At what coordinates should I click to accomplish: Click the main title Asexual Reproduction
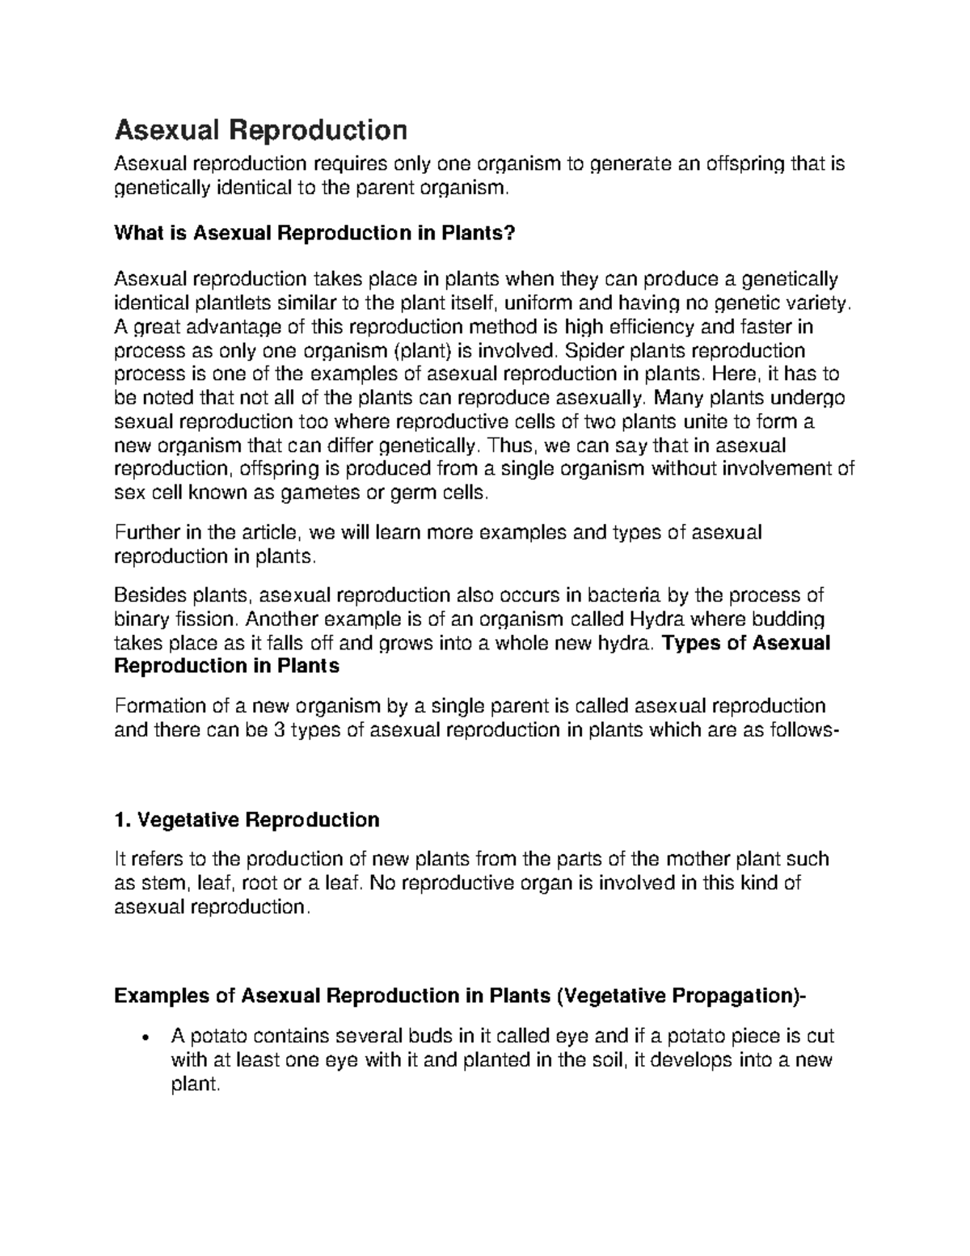[261, 129]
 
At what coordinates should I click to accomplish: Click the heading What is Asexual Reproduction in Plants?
[314, 234]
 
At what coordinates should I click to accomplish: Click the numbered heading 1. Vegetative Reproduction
[247, 820]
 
